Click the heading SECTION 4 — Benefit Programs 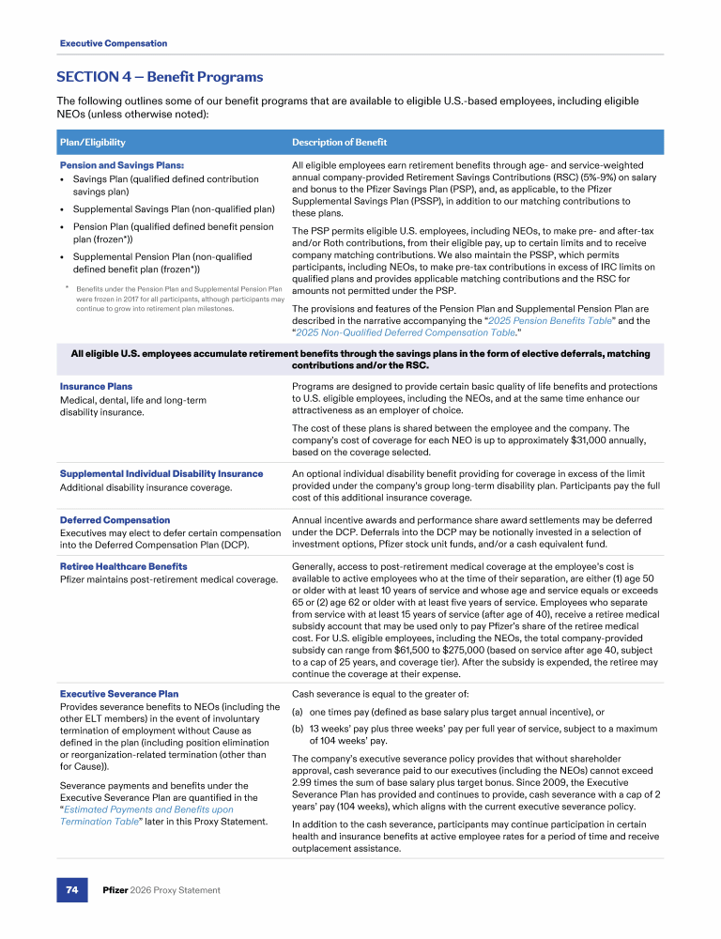[160, 77]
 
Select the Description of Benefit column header [339, 143]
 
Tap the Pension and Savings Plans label [109, 165]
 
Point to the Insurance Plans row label [96, 386]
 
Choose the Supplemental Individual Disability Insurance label [161, 473]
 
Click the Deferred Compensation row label [115, 520]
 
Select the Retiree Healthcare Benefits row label [123, 567]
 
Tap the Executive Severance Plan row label [118, 694]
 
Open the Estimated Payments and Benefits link [146, 809]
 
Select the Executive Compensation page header [114, 43]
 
